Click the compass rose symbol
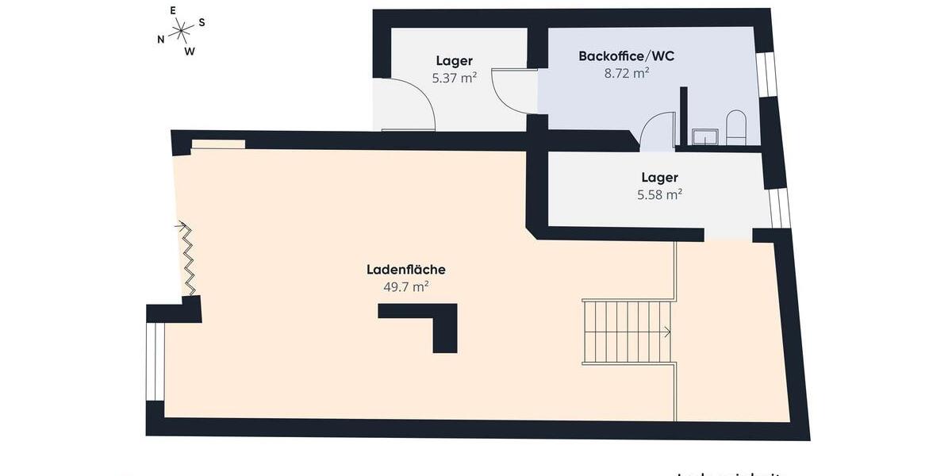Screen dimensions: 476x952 pos(182,33)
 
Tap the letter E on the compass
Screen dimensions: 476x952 pos(173,11)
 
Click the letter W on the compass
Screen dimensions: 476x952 pos(190,52)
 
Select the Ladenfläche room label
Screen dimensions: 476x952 pos(405,270)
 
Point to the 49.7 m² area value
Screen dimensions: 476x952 pos(405,287)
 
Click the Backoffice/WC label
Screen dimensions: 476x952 pos(626,56)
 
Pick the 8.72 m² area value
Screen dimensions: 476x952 pos(626,73)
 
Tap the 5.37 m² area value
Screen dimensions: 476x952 pos(454,78)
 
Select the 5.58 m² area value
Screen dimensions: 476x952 pos(659,194)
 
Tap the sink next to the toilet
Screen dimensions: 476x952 pos(704,137)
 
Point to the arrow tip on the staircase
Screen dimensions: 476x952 pos(669,332)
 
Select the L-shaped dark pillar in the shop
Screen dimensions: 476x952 pos(428,321)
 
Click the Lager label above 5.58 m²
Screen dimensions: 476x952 pos(659,178)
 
